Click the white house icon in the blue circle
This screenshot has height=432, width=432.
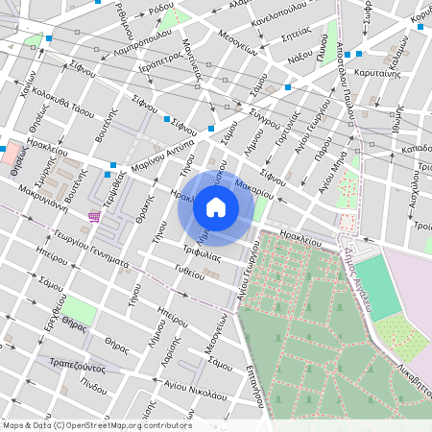pyautogui.click(x=216, y=206)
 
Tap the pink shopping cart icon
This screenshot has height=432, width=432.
pyautogui.click(x=93, y=216)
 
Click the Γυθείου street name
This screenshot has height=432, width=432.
pyautogui.click(x=188, y=272)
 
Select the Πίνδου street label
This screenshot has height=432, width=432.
pyautogui.click(x=94, y=387)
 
